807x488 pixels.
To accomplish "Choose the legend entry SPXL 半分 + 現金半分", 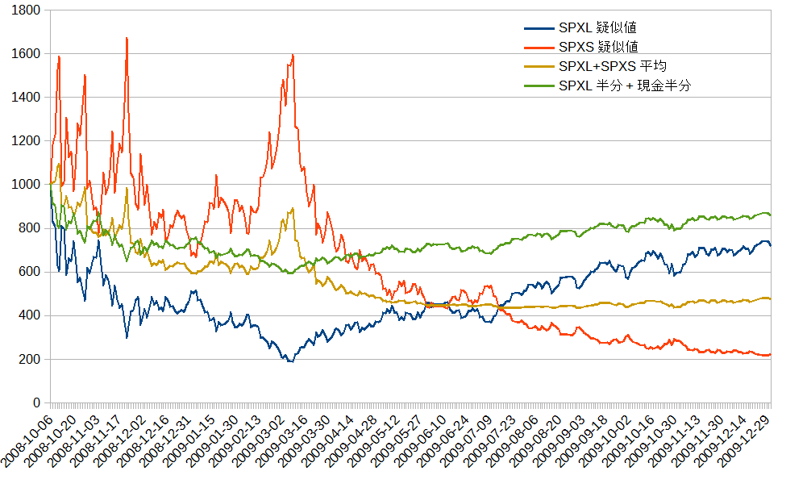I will point(624,86).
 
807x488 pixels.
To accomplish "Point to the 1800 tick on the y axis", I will point(27,10).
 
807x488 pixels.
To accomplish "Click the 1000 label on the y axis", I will point(27,184).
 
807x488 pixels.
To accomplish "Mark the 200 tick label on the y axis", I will point(30,359).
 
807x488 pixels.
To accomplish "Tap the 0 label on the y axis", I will point(35,402).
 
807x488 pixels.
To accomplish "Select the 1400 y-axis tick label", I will point(27,97).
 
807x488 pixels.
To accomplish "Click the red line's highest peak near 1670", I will point(127,38).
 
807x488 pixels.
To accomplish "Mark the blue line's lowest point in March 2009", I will point(289,361).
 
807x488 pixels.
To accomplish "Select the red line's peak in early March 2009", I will point(292,55).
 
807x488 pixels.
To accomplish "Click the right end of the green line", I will point(770,215).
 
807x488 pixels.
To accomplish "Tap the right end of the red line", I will point(770,354).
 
